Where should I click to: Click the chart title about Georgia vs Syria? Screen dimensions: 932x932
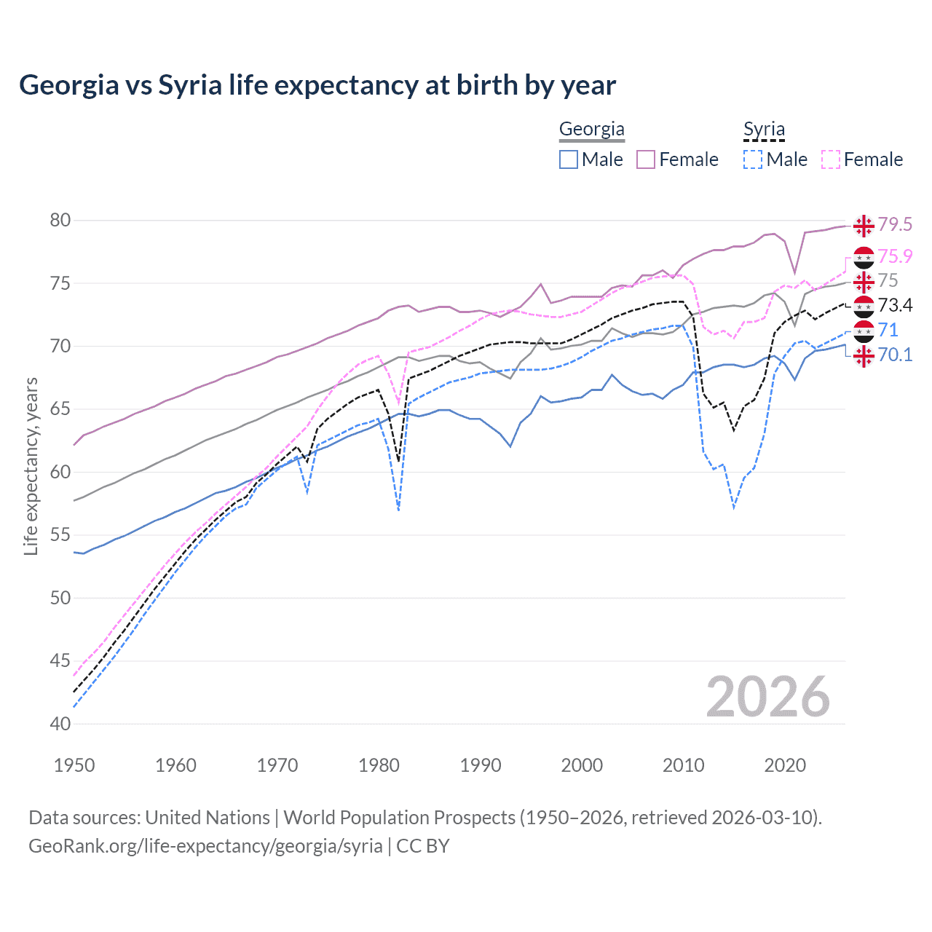(x=317, y=85)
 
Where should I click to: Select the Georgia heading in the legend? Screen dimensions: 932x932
(x=591, y=130)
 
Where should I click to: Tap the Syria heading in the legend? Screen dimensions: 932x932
(x=764, y=130)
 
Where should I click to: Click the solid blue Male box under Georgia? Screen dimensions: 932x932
(x=569, y=159)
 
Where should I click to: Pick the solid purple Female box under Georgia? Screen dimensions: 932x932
(x=646, y=159)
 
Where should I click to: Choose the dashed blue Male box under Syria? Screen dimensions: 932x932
(x=753, y=159)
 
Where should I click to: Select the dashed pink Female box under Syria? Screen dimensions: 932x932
(x=831, y=159)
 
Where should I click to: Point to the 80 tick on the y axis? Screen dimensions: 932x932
(x=60, y=220)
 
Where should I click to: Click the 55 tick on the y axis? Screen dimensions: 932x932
(x=60, y=535)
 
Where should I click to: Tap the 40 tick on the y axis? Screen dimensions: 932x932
(x=60, y=724)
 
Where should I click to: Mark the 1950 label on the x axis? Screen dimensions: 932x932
(x=74, y=765)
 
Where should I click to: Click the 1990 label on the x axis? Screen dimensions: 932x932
(x=481, y=765)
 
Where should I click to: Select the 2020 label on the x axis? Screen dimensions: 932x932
(x=785, y=765)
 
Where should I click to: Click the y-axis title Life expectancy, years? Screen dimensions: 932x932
(x=31, y=466)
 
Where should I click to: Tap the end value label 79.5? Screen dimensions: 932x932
(x=895, y=225)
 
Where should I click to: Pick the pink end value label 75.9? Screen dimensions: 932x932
(x=895, y=256)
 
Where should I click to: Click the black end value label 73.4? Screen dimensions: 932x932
(x=895, y=305)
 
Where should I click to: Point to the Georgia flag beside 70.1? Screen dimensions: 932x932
(x=864, y=356)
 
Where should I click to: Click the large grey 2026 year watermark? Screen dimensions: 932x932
(x=768, y=697)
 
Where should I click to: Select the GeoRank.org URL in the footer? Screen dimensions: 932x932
(x=205, y=846)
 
